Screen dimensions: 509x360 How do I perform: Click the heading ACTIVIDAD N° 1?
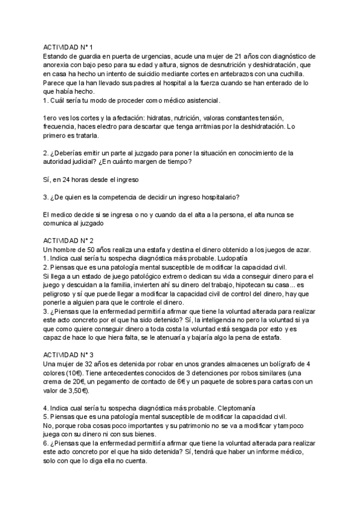pyautogui.click(x=68, y=46)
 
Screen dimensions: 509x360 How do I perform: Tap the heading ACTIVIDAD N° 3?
pyautogui.click(x=68, y=354)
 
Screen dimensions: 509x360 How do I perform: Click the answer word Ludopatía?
pyautogui.click(x=215, y=258)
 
